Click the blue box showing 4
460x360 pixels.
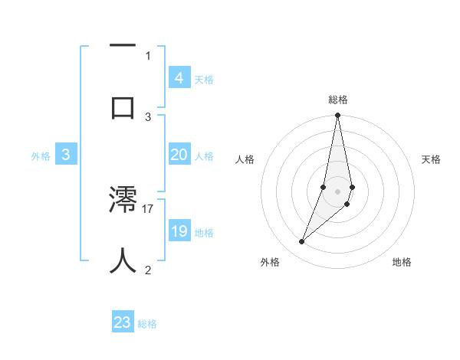tap(179, 77)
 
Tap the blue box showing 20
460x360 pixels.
tap(179, 155)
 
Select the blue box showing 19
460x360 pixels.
tap(179, 231)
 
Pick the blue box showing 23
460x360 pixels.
tap(123, 322)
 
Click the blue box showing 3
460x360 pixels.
tap(66, 155)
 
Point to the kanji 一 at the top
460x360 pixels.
tap(123, 46)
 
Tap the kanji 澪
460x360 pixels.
tap(123, 201)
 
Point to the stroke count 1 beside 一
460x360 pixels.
tap(148, 55)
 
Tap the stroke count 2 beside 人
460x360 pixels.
tap(148, 270)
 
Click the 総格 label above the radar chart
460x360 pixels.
tap(338, 100)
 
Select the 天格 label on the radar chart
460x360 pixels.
tap(432, 159)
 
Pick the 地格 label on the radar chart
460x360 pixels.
tap(402, 262)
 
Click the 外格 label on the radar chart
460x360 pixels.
tap(270, 262)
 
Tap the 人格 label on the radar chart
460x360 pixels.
tap(245, 159)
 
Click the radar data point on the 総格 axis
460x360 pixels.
tap(337, 116)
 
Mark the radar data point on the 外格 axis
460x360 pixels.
tap(302, 242)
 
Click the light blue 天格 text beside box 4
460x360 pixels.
tap(204, 80)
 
